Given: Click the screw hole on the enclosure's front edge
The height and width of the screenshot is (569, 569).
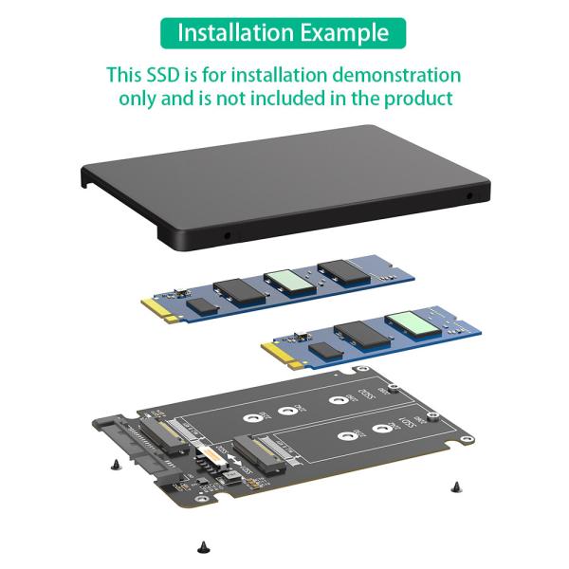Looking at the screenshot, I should click(x=227, y=235).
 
